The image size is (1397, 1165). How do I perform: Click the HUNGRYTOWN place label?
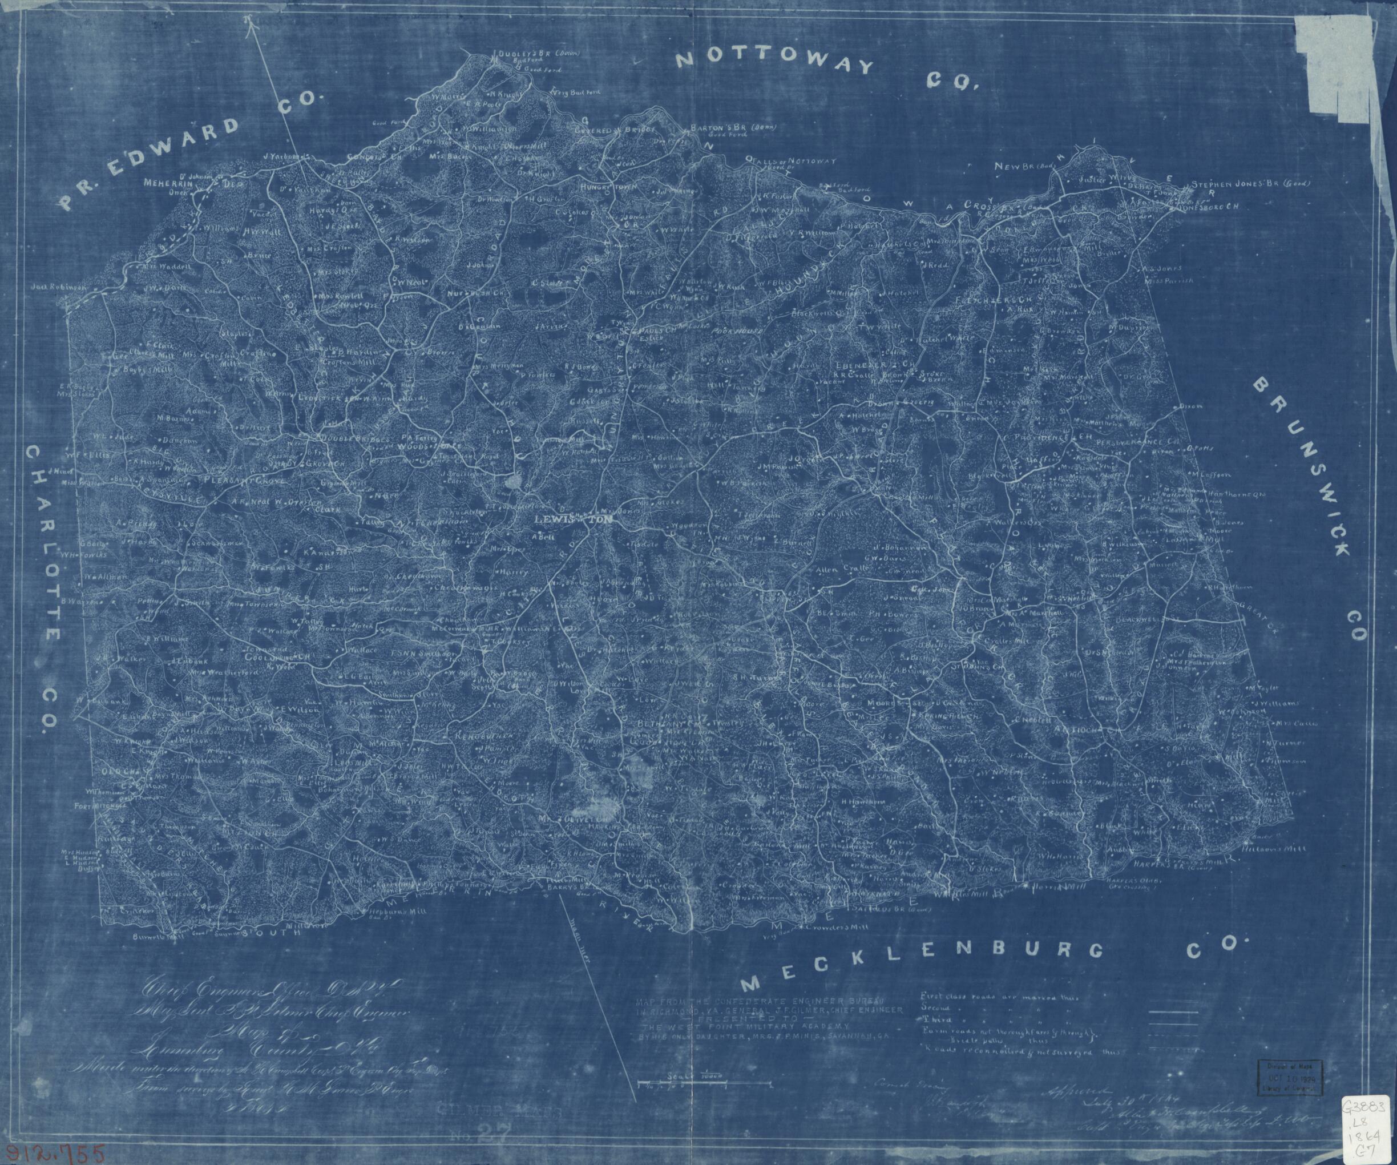[607, 188]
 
